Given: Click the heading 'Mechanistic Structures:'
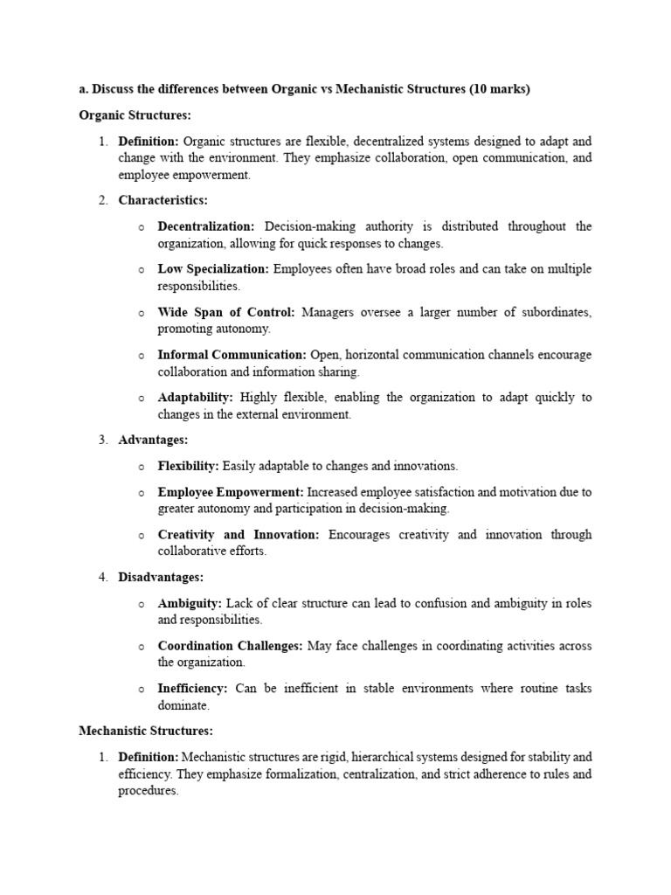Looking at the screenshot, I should (x=146, y=731).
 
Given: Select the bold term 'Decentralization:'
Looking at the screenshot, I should (x=206, y=226).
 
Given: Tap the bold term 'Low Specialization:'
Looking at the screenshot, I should (x=214, y=269).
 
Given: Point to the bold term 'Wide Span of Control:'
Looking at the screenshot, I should (x=226, y=312).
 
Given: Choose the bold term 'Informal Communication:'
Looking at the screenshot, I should (x=232, y=355).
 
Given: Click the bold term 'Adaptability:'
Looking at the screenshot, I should (x=195, y=398).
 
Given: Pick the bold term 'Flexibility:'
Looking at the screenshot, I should (x=188, y=467).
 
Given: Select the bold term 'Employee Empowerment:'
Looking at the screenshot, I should (x=231, y=492).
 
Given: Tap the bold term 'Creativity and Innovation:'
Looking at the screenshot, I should (x=239, y=535).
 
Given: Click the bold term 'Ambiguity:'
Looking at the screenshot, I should (x=190, y=604).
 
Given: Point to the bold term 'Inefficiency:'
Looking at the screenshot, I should (x=192, y=689).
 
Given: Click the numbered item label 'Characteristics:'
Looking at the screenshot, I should (x=163, y=201).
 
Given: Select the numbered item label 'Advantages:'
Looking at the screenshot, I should (x=153, y=441).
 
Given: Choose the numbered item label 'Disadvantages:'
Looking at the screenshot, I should (x=161, y=578).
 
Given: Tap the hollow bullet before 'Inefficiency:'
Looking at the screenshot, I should (x=142, y=690).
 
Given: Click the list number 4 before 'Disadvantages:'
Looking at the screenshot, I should (x=102, y=578).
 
